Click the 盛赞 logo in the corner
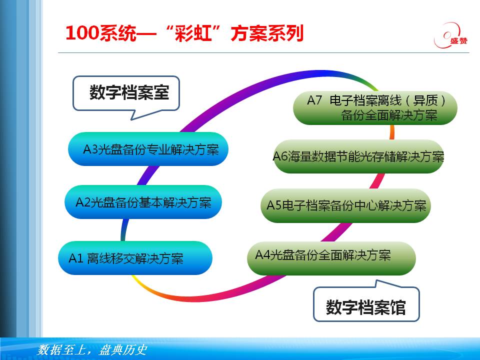click(x=450, y=35)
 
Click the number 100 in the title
click(x=81, y=33)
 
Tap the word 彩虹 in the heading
click(x=193, y=33)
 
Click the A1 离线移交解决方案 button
click(x=135, y=258)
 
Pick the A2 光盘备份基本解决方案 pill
click(x=143, y=202)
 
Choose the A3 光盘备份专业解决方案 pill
click(x=148, y=149)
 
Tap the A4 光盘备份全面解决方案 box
click(x=331, y=258)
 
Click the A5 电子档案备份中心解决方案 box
click(x=346, y=205)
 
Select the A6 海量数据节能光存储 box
click(x=358, y=156)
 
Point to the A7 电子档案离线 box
click(x=375, y=108)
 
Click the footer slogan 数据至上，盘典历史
click(x=92, y=350)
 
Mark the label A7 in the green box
click(x=314, y=100)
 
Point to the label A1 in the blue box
click(x=75, y=258)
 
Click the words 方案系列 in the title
click(x=267, y=33)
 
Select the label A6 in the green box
click(x=280, y=156)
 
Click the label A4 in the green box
click(x=262, y=254)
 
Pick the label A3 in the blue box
click(x=90, y=149)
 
